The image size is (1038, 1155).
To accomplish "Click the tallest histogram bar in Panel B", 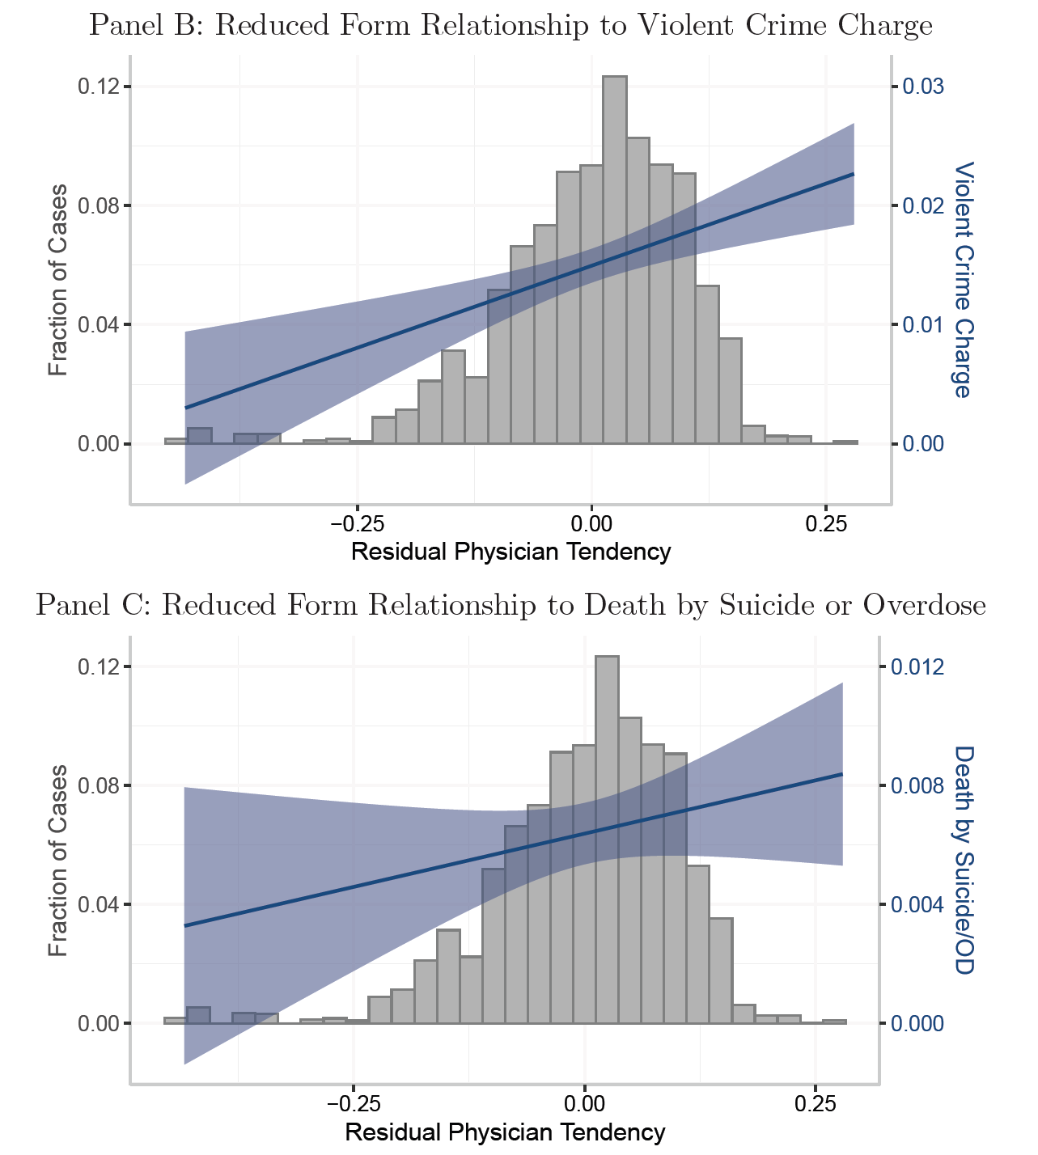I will (614, 259).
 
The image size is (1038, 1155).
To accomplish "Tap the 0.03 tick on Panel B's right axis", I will (923, 87).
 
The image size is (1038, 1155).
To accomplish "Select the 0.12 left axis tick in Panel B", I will (97, 87).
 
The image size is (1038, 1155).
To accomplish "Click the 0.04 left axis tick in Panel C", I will (97, 904).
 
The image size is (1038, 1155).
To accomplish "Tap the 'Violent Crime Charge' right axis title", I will (962, 280).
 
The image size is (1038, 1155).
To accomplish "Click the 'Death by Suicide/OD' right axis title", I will (962, 860).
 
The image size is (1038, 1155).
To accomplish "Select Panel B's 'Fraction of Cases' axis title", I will (57, 280).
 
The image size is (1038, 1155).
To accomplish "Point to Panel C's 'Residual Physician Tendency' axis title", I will (505, 1132).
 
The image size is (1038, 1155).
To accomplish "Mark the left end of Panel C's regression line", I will (185, 925).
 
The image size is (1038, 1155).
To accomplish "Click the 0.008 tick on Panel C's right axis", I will (917, 785).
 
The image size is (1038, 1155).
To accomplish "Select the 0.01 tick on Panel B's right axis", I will (923, 324).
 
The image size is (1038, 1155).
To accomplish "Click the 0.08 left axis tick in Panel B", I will (97, 205).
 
